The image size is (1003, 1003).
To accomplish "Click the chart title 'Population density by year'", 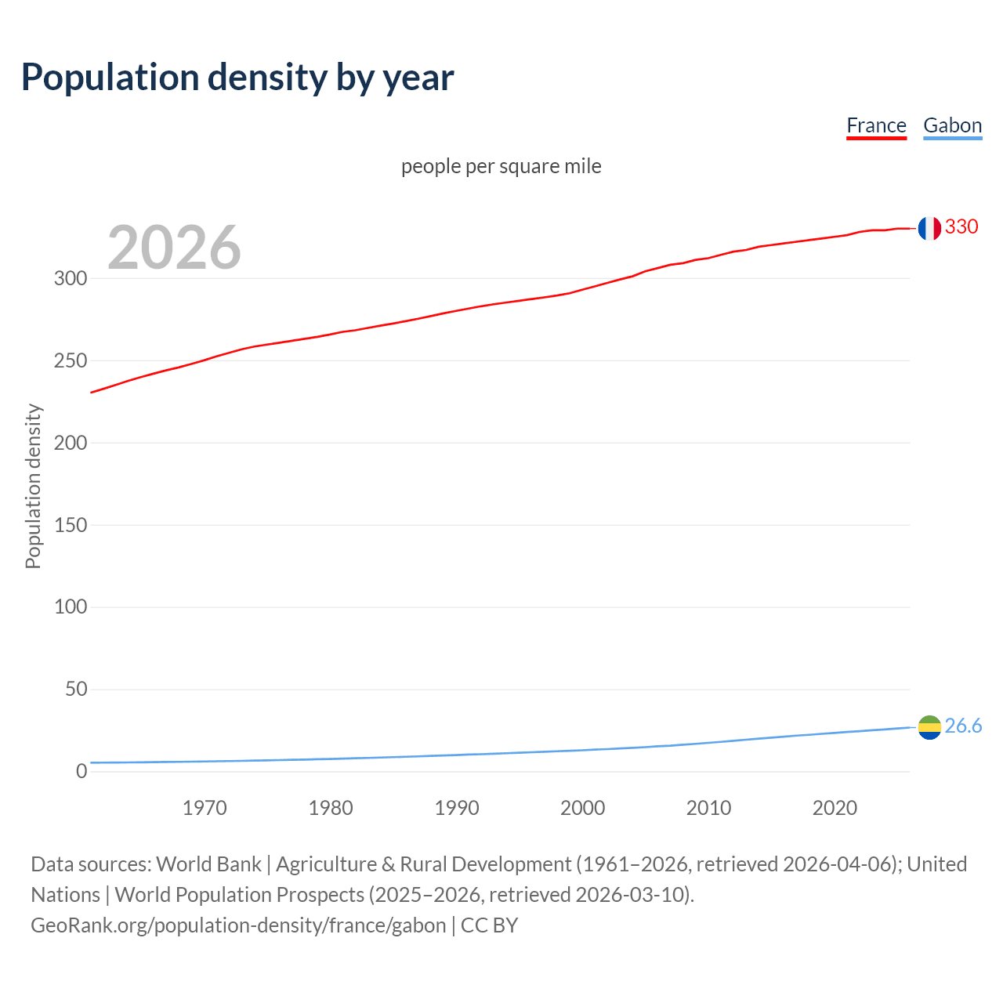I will [x=237, y=78].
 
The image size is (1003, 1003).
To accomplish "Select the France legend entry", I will [x=876, y=125].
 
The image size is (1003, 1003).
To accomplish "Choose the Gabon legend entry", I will [x=952, y=125].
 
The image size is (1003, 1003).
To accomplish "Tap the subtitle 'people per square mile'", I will [x=501, y=166].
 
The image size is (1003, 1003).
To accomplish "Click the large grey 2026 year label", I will [x=174, y=248].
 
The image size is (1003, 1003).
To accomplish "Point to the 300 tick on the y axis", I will [x=71, y=279].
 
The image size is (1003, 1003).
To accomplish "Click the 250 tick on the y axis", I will [x=71, y=361].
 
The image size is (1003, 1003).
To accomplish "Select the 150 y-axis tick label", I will [x=71, y=525].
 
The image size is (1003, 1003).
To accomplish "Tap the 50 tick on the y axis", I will [x=76, y=690].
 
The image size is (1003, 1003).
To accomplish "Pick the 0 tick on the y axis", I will [x=81, y=772].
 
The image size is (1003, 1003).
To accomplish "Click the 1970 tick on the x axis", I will [x=205, y=808].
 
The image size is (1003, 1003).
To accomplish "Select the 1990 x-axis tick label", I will [x=457, y=808].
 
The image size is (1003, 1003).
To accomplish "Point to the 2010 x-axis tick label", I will [x=708, y=808].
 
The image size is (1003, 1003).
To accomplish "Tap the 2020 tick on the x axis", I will [x=835, y=808].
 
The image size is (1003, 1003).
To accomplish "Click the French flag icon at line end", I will [x=929, y=228].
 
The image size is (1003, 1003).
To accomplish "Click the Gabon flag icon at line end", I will [x=929, y=728].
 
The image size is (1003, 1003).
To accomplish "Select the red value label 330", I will [x=961, y=227].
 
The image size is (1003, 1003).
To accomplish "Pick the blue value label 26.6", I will [x=963, y=726].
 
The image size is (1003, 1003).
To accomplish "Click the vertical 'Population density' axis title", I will [x=33, y=486].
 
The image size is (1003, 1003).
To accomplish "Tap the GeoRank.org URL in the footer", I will [x=238, y=925].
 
